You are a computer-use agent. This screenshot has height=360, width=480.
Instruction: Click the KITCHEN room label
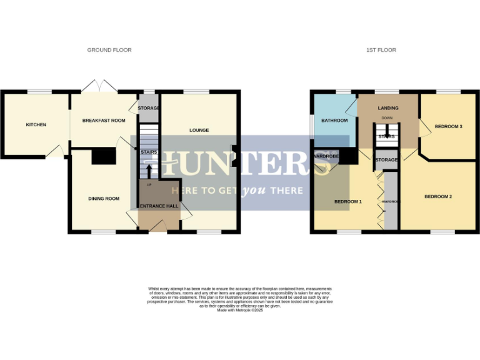pos(36,125)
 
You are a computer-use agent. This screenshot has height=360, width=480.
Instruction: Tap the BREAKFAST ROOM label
pos(104,120)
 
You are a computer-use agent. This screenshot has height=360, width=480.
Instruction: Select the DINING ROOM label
pos(103,199)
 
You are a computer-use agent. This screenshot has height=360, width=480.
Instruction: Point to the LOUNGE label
pos(199,130)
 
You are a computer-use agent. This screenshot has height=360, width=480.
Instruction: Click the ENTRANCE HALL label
pos(159,206)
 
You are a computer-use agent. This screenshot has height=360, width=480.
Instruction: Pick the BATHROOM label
pos(334,121)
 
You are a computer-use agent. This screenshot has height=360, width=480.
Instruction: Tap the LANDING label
pos(388,108)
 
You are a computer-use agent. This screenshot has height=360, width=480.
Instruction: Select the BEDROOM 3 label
pos(448,126)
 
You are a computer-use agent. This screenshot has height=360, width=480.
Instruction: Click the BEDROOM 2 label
pos(437,197)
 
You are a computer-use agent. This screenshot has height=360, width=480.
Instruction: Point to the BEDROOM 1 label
pos(347,202)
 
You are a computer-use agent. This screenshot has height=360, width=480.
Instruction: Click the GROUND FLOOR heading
pos(109,50)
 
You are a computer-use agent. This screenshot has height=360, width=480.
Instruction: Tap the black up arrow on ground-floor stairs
pos(149,169)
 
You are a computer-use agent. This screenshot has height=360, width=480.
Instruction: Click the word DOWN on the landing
pos(387,117)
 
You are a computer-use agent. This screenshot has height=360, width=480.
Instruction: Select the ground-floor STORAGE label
pos(149,108)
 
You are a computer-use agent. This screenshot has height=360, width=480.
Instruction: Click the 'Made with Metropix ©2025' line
pos(240,311)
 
